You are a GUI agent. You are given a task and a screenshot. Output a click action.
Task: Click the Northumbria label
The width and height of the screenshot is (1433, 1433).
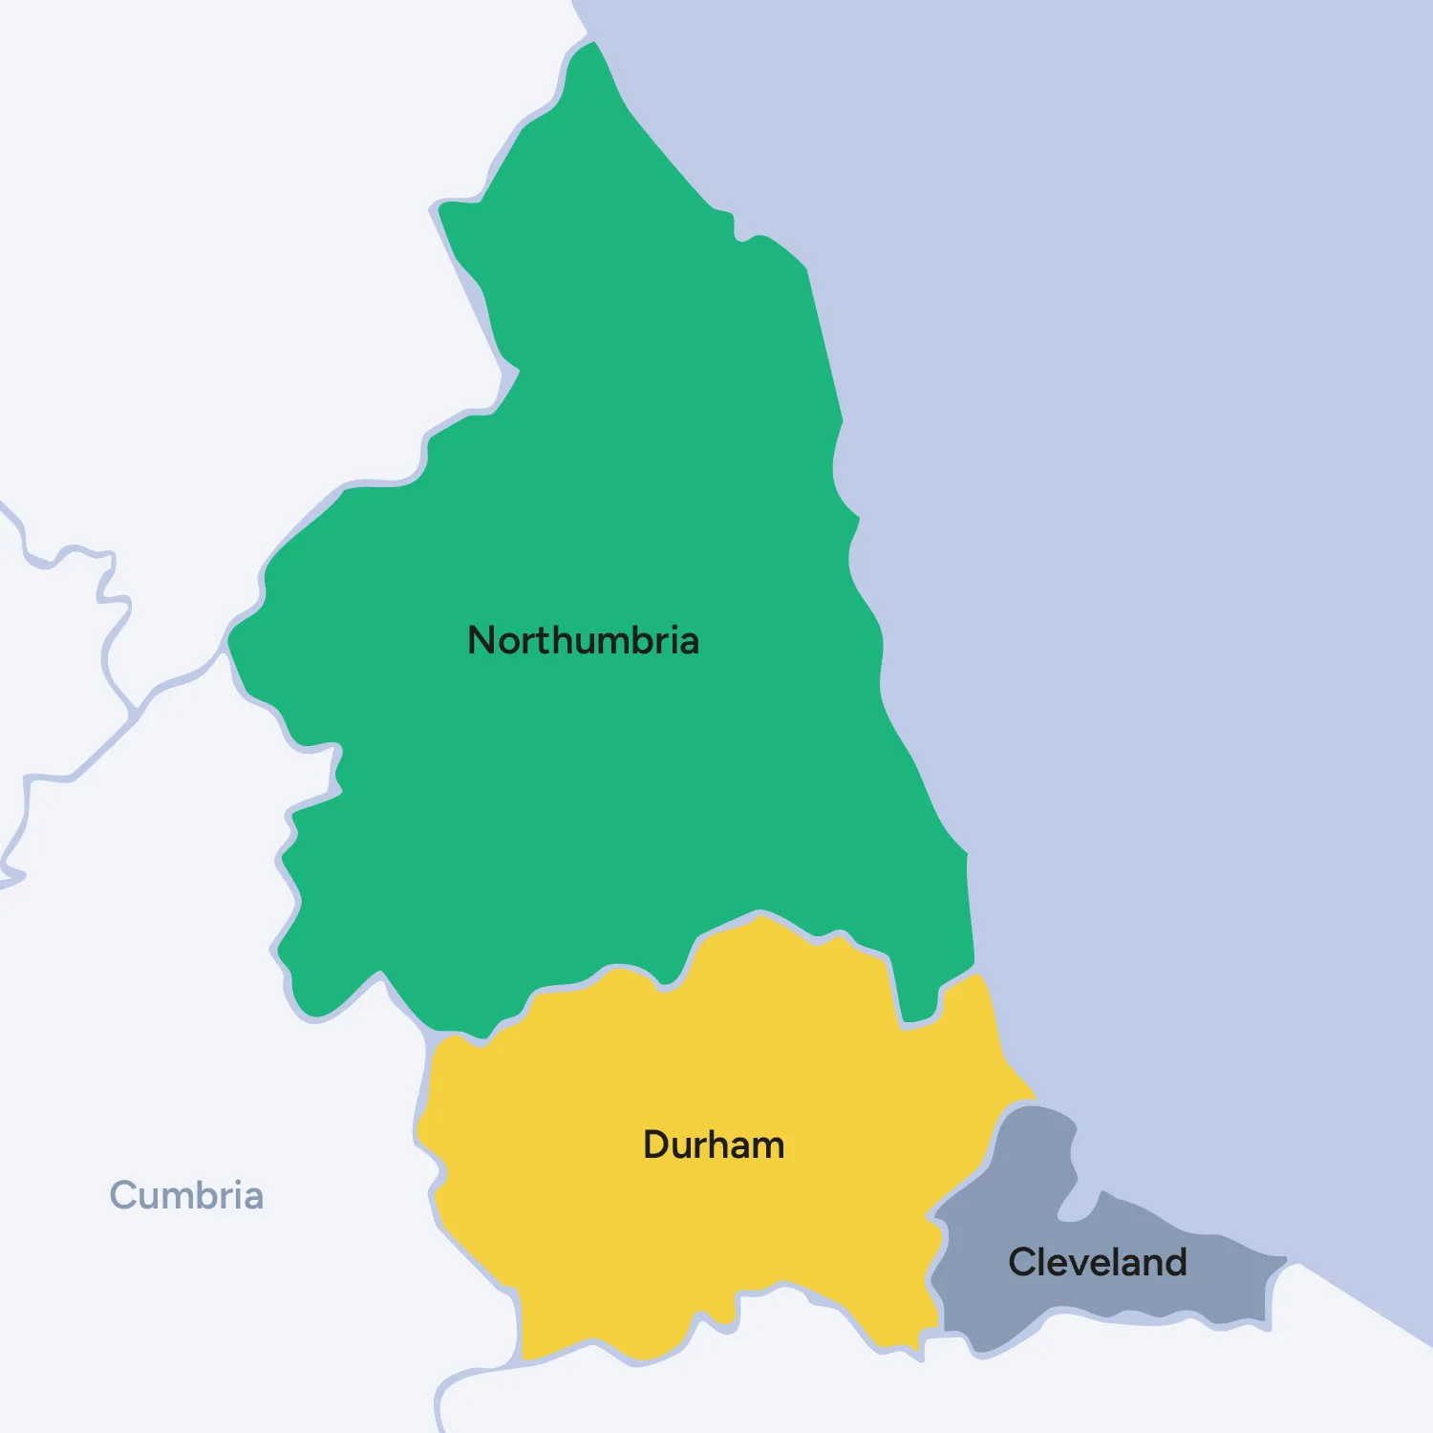tap(583, 640)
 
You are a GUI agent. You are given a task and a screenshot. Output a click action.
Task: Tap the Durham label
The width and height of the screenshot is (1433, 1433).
tap(714, 1144)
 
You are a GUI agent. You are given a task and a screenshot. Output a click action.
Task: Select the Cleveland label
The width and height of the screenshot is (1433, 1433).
tap(1097, 1262)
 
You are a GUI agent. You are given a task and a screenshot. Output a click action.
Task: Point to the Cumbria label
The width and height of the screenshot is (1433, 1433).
tap(186, 1195)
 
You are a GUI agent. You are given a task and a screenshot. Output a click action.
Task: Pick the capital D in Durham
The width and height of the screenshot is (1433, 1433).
tap(656, 1144)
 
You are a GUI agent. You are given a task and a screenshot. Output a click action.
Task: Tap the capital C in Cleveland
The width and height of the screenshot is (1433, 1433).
tap(1023, 1262)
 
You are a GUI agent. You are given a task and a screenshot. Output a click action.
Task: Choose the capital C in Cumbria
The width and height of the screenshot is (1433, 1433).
tap(124, 1195)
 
